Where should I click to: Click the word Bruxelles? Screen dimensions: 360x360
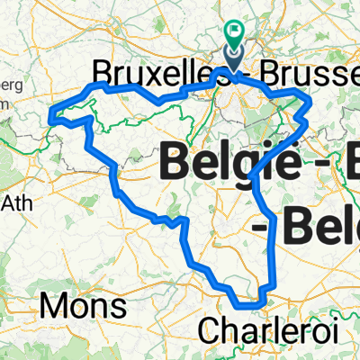tap(154, 70)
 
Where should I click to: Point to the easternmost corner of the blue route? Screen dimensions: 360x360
tap(310, 109)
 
